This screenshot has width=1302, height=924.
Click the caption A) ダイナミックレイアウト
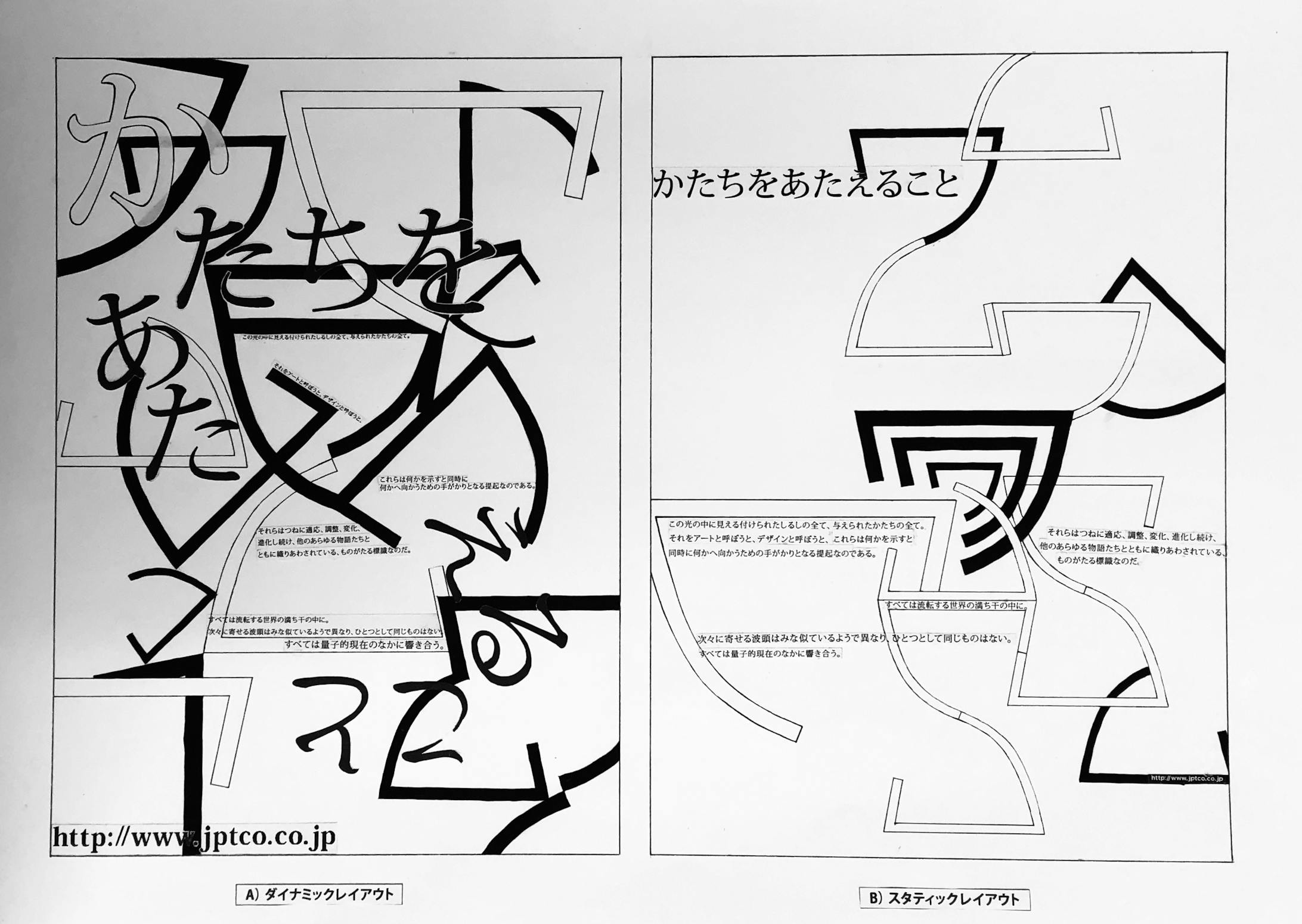click(x=319, y=894)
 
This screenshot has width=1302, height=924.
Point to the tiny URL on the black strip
click(x=1186, y=777)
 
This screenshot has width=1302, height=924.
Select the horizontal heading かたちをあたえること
click(x=805, y=185)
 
